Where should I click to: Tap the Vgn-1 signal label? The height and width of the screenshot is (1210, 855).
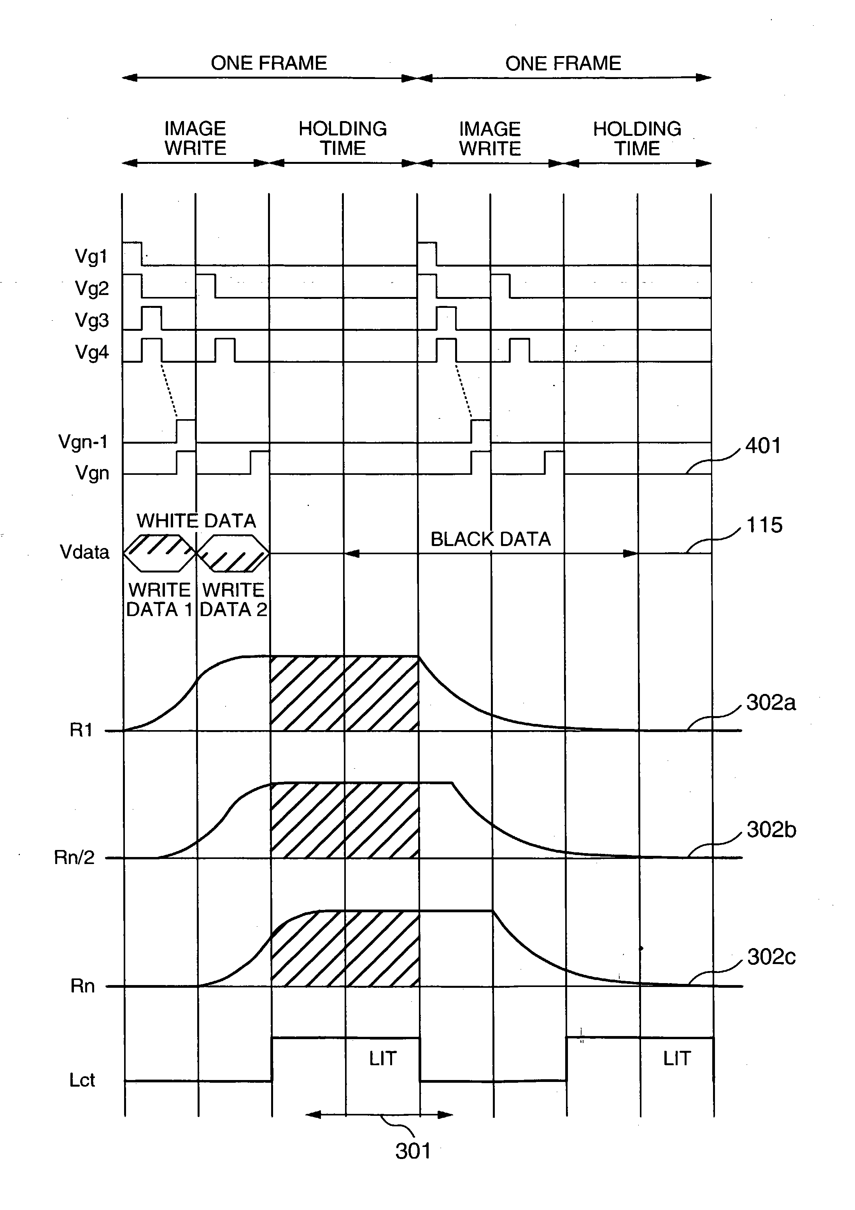pyautogui.click(x=83, y=442)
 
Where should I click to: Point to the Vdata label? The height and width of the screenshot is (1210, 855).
pyautogui.click(x=84, y=552)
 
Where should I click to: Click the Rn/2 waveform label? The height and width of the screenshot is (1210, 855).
pyautogui.click(x=74, y=857)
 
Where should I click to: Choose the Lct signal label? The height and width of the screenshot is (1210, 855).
pyautogui.click(x=82, y=1080)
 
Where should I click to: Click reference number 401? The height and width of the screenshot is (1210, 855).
pyautogui.click(x=763, y=446)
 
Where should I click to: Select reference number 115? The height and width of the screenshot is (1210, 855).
pyautogui.click(x=764, y=525)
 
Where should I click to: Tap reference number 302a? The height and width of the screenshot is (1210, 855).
pyautogui.click(x=771, y=702)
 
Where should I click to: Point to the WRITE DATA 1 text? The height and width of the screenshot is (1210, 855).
pyautogui.click(x=159, y=599)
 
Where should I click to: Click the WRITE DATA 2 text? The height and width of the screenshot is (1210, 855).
pyautogui.click(x=233, y=599)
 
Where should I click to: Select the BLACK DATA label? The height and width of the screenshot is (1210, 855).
pyautogui.click(x=491, y=539)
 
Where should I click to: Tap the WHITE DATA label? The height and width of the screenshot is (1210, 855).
pyautogui.click(x=196, y=521)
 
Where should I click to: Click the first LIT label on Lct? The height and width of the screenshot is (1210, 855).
pyautogui.click(x=382, y=1058)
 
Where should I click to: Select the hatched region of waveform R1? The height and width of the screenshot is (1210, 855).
pyautogui.click(x=345, y=694)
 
